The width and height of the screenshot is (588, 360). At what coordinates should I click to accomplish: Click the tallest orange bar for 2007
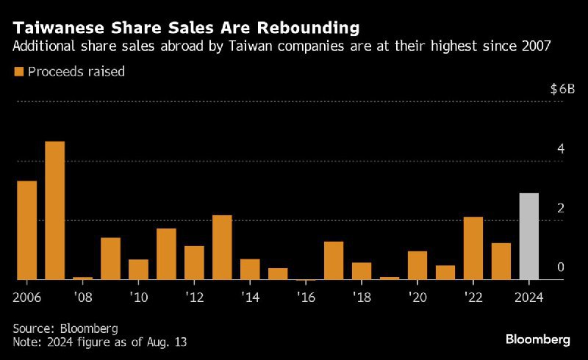pos(55,210)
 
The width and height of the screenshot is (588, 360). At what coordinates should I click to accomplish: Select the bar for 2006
pos(27,230)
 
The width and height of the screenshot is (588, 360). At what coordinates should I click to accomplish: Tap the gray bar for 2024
pos(529,237)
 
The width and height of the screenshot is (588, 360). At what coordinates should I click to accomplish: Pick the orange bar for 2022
pos(473,248)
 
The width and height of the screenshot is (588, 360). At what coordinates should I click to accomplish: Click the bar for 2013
pos(222,248)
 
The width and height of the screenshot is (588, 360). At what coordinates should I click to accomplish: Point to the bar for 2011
pos(166,254)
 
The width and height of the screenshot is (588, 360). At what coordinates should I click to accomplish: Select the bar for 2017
pos(334,260)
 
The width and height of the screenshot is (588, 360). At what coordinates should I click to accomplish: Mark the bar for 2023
pos(501,261)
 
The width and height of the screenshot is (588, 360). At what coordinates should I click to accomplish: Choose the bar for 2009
pos(110,259)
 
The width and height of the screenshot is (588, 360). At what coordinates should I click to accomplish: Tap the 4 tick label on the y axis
pos(561,148)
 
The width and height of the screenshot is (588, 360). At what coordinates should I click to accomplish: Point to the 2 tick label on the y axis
pos(561,208)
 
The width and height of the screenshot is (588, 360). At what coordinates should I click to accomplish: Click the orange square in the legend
pos(18,71)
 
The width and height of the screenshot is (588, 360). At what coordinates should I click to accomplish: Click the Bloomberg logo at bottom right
pos(538,339)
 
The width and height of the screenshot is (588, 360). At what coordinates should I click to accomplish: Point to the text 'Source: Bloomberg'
pos(65,328)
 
